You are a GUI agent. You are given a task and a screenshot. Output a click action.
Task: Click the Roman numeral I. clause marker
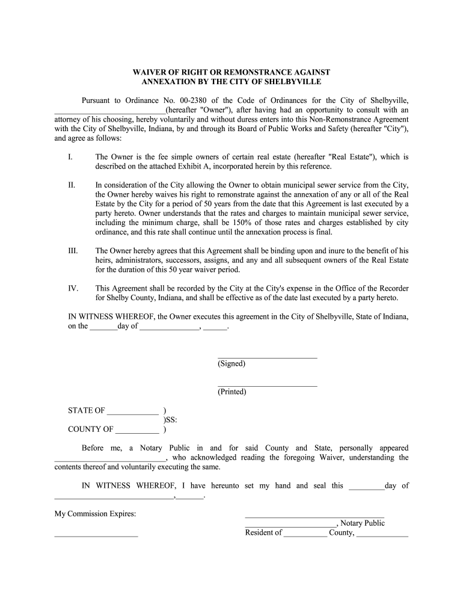(x=70, y=157)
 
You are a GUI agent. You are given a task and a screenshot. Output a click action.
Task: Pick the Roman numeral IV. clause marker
(x=73, y=288)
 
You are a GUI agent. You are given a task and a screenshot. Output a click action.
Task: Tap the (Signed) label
(x=231, y=363)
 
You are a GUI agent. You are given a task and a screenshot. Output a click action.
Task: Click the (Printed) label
(x=232, y=392)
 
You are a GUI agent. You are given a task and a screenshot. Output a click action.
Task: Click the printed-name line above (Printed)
(x=267, y=385)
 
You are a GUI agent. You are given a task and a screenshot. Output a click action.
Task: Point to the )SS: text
(x=171, y=420)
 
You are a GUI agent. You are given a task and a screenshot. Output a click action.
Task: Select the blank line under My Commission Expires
(x=96, y=534)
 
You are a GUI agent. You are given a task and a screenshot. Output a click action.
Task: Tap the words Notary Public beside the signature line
(x=363, y=523)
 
